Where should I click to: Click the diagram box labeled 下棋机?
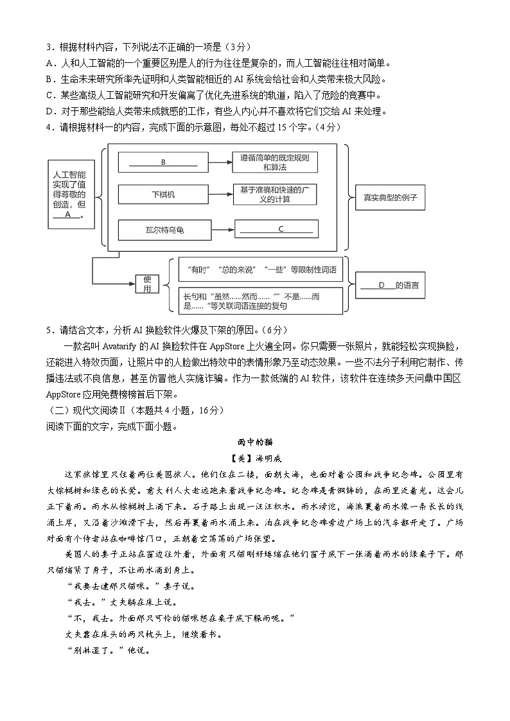[x=163, y=195]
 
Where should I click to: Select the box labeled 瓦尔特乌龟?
[x=163, y=229]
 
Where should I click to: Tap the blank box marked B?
[x=163, y=162]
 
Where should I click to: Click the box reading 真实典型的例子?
[x=391, y=198]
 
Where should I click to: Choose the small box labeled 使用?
[x=147, y=283]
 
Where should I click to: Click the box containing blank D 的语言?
[x=391, y=285]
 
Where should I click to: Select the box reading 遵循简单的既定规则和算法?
[x=276, y=162]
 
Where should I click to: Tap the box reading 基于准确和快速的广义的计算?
[x=276, y=195]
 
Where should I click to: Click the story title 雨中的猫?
[x=254, y=442]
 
